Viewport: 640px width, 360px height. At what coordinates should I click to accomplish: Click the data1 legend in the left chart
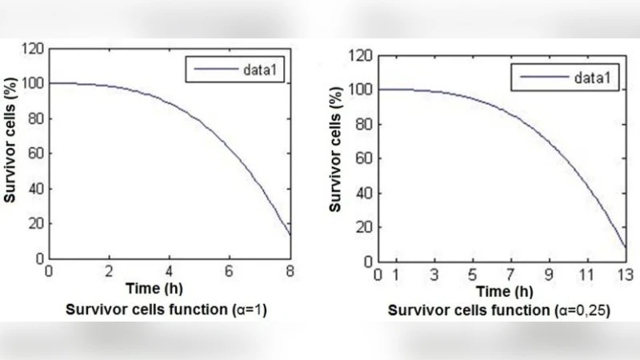(236, 70)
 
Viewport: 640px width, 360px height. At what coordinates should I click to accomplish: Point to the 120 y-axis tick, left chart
(34, 50)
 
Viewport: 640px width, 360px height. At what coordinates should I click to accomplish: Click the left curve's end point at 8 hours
(289, 235)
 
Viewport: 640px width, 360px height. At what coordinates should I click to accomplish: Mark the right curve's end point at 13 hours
(625, 248)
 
